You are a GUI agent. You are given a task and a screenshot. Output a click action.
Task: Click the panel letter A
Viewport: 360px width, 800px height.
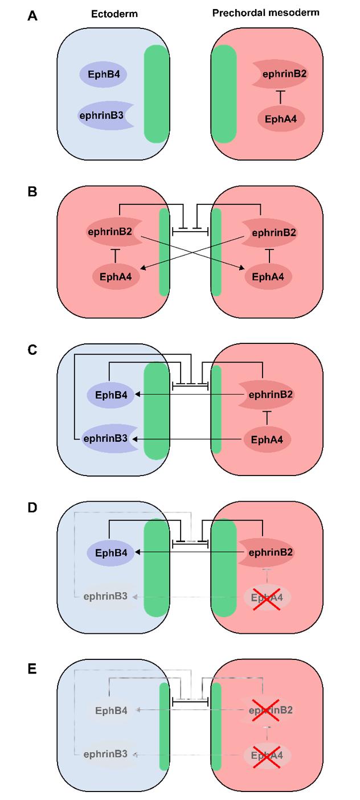(32, 17)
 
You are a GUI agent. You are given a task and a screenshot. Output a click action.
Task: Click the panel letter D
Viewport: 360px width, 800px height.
(32, 507)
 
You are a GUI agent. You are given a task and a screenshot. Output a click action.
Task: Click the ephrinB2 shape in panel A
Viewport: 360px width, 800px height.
(280, 73)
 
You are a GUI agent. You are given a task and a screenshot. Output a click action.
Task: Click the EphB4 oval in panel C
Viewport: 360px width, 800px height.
(111, 394)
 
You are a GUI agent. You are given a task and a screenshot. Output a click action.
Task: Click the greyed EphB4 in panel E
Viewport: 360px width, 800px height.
(111, 710)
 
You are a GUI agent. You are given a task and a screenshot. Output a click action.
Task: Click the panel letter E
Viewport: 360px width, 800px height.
(32, 667)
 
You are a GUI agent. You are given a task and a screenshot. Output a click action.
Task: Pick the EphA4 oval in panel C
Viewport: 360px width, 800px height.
(268, 439)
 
